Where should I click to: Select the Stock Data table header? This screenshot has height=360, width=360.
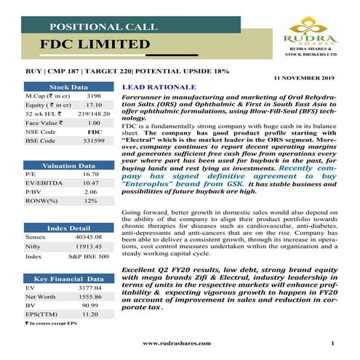68,87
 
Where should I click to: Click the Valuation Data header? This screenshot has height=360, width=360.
68,166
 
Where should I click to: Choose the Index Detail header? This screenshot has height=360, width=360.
68,228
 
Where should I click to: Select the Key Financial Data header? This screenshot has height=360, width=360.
68,279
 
